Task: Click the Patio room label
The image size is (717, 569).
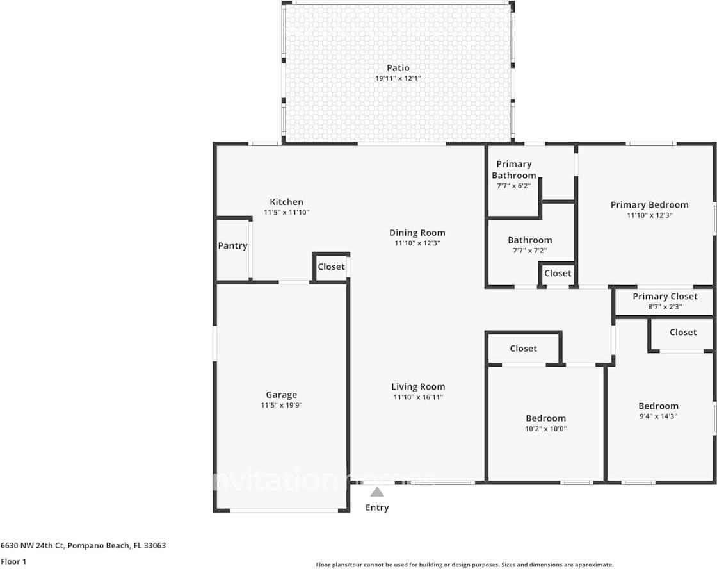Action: click(398, 68)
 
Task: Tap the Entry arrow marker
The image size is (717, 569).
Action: click(377, 492)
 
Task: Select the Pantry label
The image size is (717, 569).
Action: click(232, 246)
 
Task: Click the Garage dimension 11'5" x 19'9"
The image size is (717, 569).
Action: click(281, 405)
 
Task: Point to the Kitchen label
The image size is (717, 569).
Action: click(286, 202)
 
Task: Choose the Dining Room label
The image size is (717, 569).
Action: click(417, 233)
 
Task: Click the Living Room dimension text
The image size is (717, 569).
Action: click(418, 397)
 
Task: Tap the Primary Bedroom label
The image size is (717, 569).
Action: click(649, 205)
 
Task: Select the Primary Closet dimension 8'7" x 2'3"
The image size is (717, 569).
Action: click(665, 307)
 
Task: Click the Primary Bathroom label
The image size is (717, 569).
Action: click(514, 170)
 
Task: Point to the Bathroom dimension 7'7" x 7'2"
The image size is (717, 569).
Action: click(529, 251)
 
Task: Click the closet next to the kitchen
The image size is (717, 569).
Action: click(331, 267)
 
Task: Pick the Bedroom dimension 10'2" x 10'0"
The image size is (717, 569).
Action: click(545, 429)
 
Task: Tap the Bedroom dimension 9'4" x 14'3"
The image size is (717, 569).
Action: click(658, 416)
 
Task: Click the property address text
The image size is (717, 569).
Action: click(83, 546)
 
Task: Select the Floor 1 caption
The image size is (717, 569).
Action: click(13, 561)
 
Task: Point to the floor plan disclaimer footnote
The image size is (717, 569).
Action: click(465, 565)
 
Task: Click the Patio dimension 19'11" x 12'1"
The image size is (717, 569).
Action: click(398, 78)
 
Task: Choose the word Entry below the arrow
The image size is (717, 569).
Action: click(377, 507)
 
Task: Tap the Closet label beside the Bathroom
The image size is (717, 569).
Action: click(558, 273)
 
